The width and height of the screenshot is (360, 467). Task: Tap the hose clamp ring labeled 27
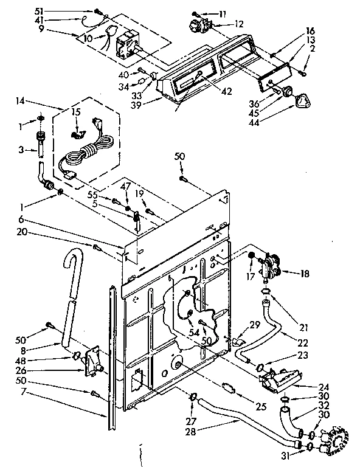coord(193,398)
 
